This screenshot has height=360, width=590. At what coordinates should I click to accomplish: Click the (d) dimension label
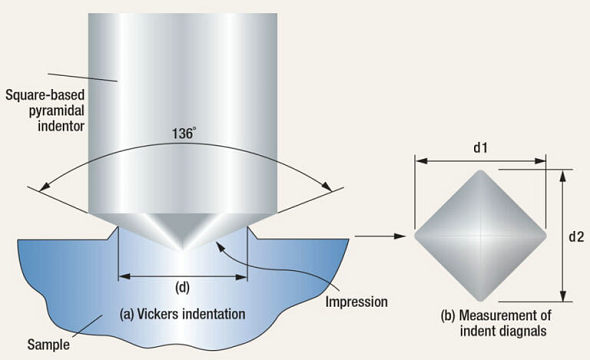click(x=183, y=289)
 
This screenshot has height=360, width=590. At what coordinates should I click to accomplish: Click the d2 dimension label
click(x=576, y=237)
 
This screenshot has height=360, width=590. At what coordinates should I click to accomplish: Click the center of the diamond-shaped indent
click(x=481, y=236)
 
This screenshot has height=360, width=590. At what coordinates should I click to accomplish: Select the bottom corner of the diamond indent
click(x=481, y=301)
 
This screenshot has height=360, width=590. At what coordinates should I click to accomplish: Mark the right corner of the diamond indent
click(x=546, y=236)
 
